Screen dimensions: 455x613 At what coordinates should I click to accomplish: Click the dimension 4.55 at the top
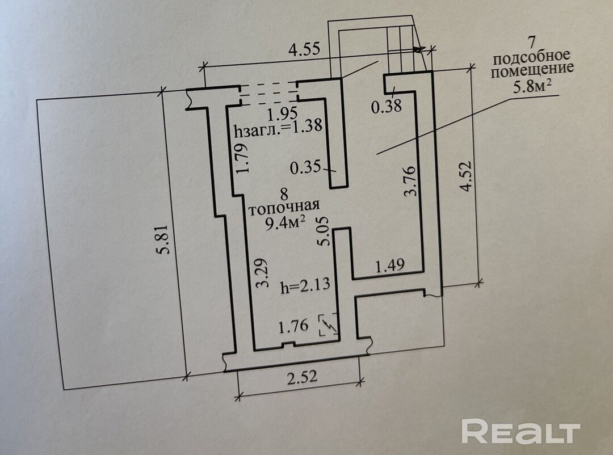point(305,49)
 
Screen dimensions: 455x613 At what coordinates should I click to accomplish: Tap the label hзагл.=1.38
point(278,128)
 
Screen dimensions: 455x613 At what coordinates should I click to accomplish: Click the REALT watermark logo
point(520,432)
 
